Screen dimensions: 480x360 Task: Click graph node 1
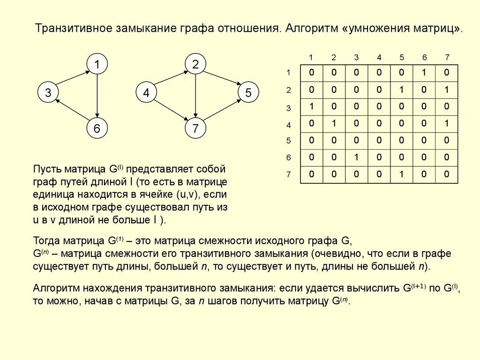coord(97,64)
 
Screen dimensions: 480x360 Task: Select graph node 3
coord(48,93)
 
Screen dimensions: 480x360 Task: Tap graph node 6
coord(97,128)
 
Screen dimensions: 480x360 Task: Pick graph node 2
coord(195,64)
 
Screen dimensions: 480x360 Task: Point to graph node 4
coord(146,93)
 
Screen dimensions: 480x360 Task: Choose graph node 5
coord(248,93)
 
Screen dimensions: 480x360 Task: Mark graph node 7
coord(195,128)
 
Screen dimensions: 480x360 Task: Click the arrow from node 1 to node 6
coord(97,96)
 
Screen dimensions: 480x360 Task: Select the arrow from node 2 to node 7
coord(195,96)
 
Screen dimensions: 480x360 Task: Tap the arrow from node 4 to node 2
coord(170,79)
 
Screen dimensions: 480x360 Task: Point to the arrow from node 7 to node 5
coord(221,111)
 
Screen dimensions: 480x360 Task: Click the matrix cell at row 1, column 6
coord(424,73)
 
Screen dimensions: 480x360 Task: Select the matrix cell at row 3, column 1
coord(311,106)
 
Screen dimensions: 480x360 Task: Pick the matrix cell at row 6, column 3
coord(356,157)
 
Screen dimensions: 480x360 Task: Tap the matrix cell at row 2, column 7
coord(447,90)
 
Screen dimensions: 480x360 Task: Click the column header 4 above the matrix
coord(379,58)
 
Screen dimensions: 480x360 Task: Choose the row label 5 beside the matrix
coord(289,141)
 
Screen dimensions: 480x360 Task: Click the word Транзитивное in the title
coord(73,28)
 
